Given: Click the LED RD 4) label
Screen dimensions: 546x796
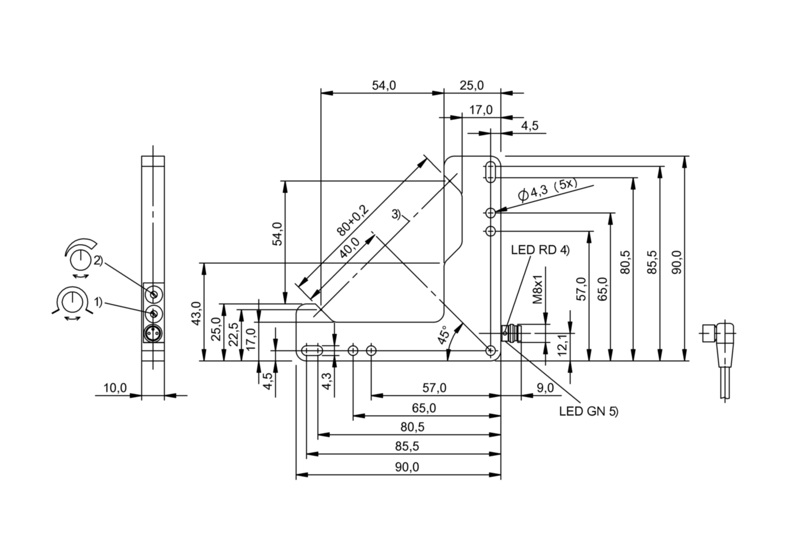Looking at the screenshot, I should coord(540,250).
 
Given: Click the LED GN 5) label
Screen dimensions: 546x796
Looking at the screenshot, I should coord(588,412).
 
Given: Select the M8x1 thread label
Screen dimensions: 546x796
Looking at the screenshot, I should coord(538,290).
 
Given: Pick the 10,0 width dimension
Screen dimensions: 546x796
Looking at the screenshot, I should coord(115,388).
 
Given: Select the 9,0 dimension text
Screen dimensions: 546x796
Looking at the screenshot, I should coord(545,388).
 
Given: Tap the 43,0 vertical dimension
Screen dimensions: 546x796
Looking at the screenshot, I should coord(196,313).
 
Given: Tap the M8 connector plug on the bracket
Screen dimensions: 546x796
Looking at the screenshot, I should coord(511,333).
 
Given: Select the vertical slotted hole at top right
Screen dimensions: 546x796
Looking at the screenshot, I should coord(490,171).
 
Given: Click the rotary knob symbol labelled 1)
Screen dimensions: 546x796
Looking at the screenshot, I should coord(72,301).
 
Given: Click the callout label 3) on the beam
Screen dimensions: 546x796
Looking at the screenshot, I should coord(396,214).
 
